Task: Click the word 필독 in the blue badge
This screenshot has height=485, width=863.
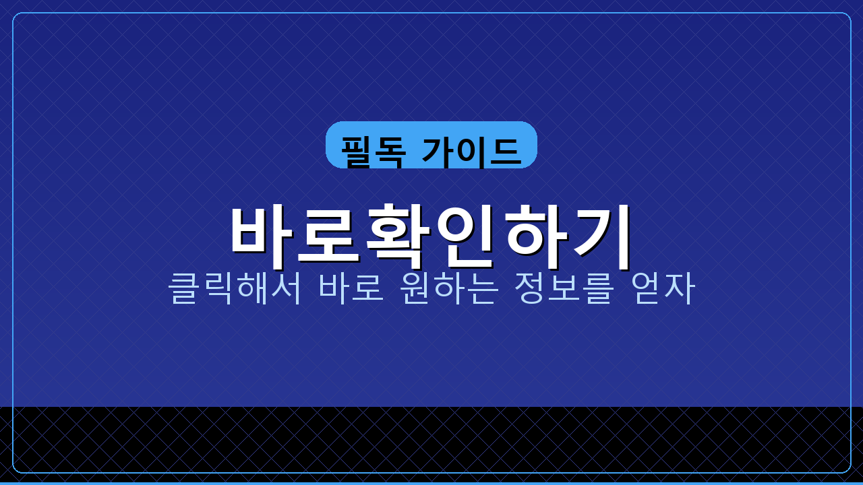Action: pyautogui.click(x=374, y=151)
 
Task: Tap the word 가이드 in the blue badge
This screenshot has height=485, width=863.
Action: pyautogui.click(x=471, y=151)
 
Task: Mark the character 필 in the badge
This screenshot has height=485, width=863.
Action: pyautogui.click(x=357, y=151)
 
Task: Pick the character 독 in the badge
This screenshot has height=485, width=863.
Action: pyautogui.click(x=390, y=151)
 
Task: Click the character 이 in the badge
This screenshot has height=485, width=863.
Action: pyautogui.click(x=471, y=151)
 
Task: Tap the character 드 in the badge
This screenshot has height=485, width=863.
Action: pyautogui.click(x=504, y=151)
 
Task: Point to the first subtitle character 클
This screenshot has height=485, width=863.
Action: pyautogui.click(x=183, y=288)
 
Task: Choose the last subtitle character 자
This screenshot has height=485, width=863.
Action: pyautogui.click(x=679, y=288)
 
